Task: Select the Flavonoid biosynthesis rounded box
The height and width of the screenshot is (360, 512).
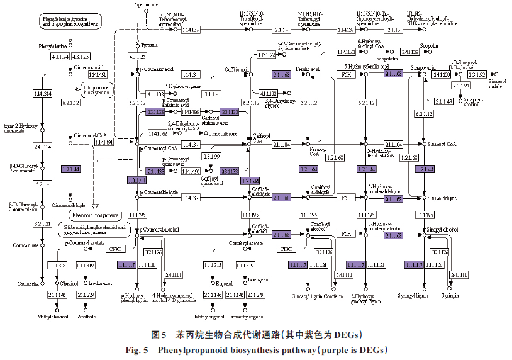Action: pos(94,215)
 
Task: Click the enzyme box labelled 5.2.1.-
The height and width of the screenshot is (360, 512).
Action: pos(42,184)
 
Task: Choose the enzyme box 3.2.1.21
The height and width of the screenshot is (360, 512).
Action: pos(42,223)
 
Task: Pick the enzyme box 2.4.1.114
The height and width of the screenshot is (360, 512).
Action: pos(42,147)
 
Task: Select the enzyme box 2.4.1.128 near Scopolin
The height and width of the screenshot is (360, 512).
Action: pos(410,52)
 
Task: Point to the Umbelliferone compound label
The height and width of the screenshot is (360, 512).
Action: pos(223,133)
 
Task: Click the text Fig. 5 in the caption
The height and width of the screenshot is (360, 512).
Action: pos(138,349)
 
